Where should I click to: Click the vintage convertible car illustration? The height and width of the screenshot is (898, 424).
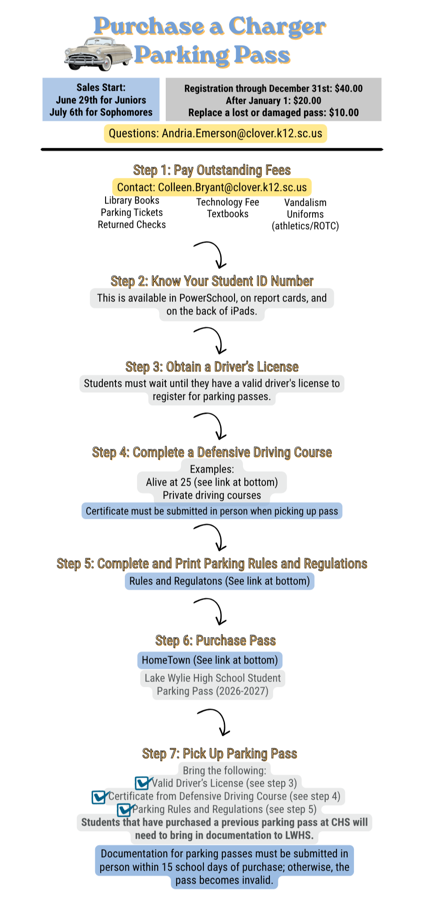pyautogui.click(x=98, y=54)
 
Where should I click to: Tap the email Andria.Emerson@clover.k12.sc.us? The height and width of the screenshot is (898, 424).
pyautogui.click(x=242, y=133)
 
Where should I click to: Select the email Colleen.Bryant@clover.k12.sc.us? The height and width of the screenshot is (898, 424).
pyautogui.click(x=232, y=187)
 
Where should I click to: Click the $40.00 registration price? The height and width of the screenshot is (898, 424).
pyautogui.click(x=349, y=88)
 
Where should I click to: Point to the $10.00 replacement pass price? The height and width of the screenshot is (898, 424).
pyautogui.click(x=344, y=113)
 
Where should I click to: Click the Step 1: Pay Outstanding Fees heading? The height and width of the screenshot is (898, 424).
pyautogui.click(x=212, y=170)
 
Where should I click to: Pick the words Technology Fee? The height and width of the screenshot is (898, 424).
pyautogui.click(x=228, y=202)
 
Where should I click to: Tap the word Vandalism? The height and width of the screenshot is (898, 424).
pyautogui.click(x=305, y=203)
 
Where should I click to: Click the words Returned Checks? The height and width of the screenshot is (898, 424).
pyautogui.click(x=132, y=225)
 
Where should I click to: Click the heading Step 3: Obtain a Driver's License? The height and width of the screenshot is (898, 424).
pyautogui.click(x=212, y=367)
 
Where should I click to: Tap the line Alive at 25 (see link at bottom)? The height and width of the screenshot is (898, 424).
pyautogui.click(x=212, y=482)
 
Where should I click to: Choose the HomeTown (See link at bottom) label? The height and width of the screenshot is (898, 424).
pyautogui.click(x=210, y=660)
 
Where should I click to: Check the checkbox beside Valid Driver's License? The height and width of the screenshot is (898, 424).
pyautogui.click(x=142, y=783)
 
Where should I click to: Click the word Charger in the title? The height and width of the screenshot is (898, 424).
pyautogui.click(x=277, y=27)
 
